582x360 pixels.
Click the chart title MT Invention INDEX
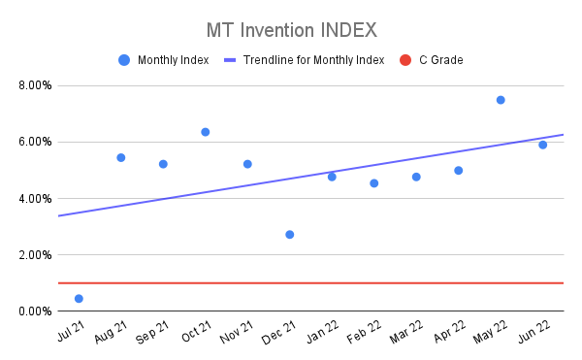(x=291, y=29)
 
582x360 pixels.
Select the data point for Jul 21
(x=79, y=299)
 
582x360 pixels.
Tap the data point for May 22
(x=501, y=100)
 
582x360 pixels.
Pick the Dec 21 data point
(x=290, y=235)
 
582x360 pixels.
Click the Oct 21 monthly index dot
(x=206, y=132)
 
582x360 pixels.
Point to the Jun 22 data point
(x=543, y=145)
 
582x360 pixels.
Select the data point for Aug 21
(x=121, y=157)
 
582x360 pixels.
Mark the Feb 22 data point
(x=374, y=183)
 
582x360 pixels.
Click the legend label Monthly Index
(x=173, y=60)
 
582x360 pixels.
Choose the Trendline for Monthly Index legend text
(x=313, y=60)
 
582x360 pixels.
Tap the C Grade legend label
(x=440, y=60)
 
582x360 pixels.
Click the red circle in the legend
(x=405, y=60)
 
